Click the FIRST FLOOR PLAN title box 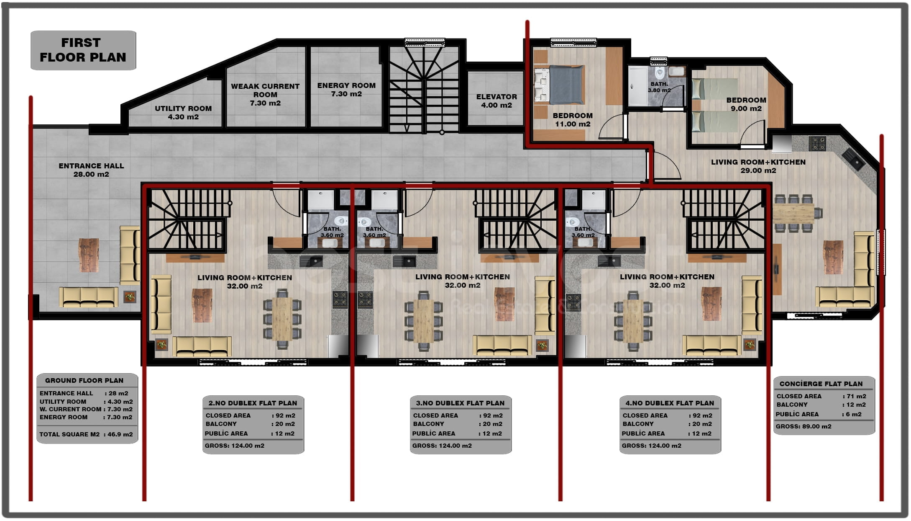tap(83, 50)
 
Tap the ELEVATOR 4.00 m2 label tap(496, 101)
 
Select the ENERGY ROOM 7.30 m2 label tap(346, 90)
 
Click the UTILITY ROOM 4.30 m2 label tap(183, 113)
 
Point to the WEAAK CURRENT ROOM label tap(265, 90)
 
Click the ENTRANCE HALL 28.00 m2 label tap(91, 170)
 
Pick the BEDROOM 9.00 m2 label tap(746, 104)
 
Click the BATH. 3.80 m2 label tap(659, 87)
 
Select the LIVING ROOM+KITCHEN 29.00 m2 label tap(758, 166)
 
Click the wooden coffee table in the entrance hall tap(89, 255)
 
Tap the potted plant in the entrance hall tap(130, 297)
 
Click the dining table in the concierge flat tap(793, 213)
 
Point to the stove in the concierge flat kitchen tap(817, 143)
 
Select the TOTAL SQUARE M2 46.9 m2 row tap(86, 434)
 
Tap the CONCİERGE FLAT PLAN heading tap(821, 384)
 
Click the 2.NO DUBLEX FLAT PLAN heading tap(253, 403)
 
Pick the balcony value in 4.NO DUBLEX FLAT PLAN tap(702, 424)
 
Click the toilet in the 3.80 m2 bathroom tap(660, 74)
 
